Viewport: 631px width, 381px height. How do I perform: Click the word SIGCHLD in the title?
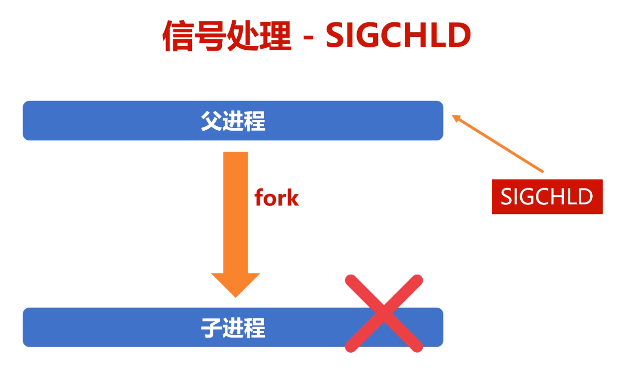point(398,36)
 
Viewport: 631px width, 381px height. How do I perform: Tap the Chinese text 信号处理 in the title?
point(227,36)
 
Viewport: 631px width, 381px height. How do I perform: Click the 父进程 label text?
point(233,121)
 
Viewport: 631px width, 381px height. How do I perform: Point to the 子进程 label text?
point(233,328)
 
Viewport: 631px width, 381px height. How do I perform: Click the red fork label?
point(276,197)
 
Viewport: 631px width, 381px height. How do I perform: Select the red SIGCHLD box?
point(547,197)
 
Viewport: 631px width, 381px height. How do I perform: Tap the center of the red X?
point(384,313)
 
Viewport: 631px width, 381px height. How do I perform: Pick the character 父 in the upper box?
point(211,121)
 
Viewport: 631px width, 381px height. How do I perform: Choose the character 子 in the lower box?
point(211,328)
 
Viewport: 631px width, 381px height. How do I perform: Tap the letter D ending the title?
point(457,36)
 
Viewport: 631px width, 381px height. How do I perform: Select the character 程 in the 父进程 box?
point(255,121)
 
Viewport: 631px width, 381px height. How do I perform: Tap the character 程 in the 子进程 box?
point(255,328)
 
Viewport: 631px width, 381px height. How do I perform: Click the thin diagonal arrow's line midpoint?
point(499,144)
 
